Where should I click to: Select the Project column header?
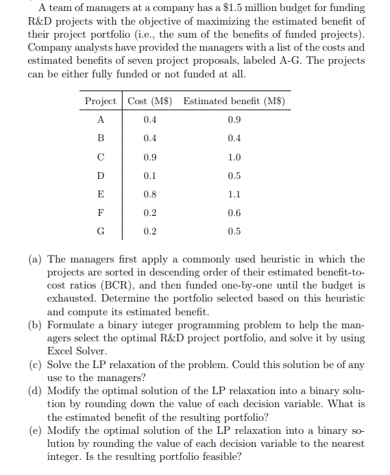point(100,101)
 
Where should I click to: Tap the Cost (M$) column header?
point(150,101)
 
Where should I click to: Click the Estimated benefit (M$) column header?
point(234,101)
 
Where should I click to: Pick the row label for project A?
point(101,119)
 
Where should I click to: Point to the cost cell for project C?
point(149,156)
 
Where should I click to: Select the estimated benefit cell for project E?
point(234,194)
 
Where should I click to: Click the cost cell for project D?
point(149,175)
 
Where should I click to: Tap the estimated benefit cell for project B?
point(234,138)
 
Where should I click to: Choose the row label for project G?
point(101,231)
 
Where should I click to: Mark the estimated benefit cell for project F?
point(234,212)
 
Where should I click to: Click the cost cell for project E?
point(149,194)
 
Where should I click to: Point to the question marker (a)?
point(35,260)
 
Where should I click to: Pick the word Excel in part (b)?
point(62,351)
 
